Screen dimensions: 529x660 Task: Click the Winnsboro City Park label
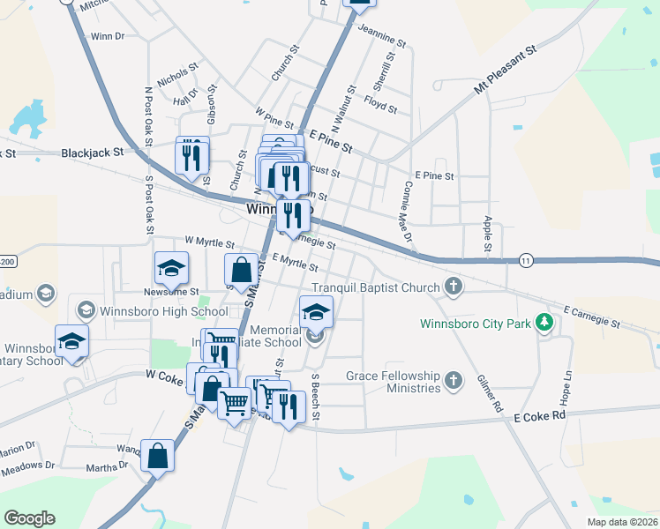coord(476,323)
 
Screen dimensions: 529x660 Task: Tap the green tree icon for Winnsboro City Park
coord(546,323)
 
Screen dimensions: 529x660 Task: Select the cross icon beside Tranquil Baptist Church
coord(453,287)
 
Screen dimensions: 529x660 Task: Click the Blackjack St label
coord(91,153)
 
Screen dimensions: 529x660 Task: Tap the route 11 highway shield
coord(526,260)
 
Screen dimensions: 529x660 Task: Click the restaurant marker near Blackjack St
coord(192,156)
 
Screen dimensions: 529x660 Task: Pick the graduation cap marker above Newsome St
coord(171,268)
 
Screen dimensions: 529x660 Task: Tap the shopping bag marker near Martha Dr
coord(157,457)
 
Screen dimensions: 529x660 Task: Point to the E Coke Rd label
coord(539,415)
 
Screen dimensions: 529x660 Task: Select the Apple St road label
coord(487,235)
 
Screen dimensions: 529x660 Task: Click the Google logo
coord(29,518)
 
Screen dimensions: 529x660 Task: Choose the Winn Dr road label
coord(108,37)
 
